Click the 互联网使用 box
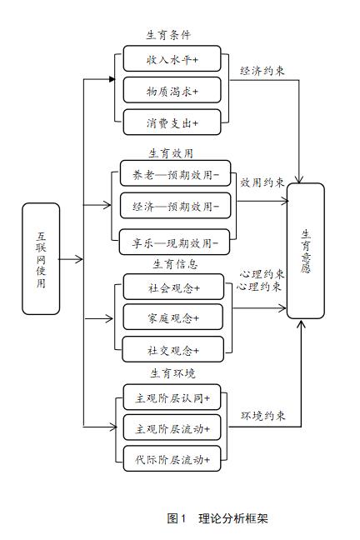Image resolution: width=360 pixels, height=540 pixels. point(41,258)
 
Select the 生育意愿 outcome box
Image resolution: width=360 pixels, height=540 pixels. point(305,251)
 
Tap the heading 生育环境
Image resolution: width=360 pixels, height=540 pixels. point(172,372)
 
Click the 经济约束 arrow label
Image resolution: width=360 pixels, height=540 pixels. point(262,71)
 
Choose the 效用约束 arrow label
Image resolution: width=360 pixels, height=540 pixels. point(262,182)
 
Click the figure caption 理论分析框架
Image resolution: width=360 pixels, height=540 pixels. point(233,518)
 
